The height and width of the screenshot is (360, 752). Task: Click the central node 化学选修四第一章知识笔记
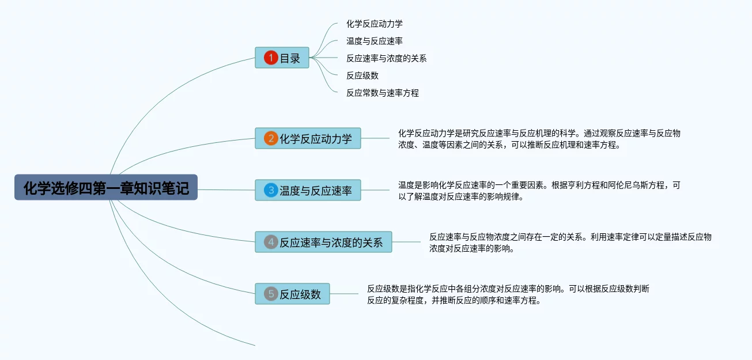tap(106, 188)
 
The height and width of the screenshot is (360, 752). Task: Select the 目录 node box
tap(282, 58)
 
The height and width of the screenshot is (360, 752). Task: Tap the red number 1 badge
tap(271, 58)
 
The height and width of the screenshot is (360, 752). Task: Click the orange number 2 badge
tap(271, 138)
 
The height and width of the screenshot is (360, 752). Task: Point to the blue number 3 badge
tap(271, 190)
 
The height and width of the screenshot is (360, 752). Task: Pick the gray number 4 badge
tap(271, 242)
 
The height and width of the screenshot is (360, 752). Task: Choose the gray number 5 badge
tap(271, 294)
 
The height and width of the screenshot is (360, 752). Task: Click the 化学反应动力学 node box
tap(308, 138)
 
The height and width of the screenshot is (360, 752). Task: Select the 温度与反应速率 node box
tap(308, 190)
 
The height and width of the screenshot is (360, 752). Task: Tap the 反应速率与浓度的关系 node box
tap(324, 242)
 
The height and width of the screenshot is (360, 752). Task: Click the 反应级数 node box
tap(293, 294)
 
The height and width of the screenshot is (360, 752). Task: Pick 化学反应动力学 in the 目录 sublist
tap(374, 24)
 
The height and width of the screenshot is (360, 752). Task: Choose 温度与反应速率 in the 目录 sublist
tap(374, 41)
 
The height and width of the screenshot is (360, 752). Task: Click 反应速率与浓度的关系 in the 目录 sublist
tap(386, 58)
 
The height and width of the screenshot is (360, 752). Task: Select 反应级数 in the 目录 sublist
tap(362, 75)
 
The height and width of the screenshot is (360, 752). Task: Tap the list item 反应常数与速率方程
tap(382, 93)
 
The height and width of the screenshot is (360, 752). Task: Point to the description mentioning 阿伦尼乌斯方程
tap(539, 191)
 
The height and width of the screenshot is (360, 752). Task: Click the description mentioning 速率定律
tap(570, 242)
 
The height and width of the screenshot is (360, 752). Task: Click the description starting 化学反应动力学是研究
tap(539, 139)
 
